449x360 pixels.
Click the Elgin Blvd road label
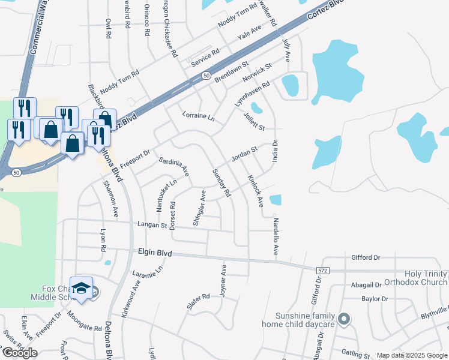click(155, 254)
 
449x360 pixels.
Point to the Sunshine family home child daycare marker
click(343, 319)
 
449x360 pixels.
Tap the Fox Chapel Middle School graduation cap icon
click(81, 286)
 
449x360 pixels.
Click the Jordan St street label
click(244, 153)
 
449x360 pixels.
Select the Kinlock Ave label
click(256, 191)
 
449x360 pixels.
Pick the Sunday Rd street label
click(221, 183)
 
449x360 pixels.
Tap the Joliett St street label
click(255, 123)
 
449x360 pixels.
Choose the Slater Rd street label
click(197, 301)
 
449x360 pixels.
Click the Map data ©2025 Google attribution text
click(411, 355)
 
